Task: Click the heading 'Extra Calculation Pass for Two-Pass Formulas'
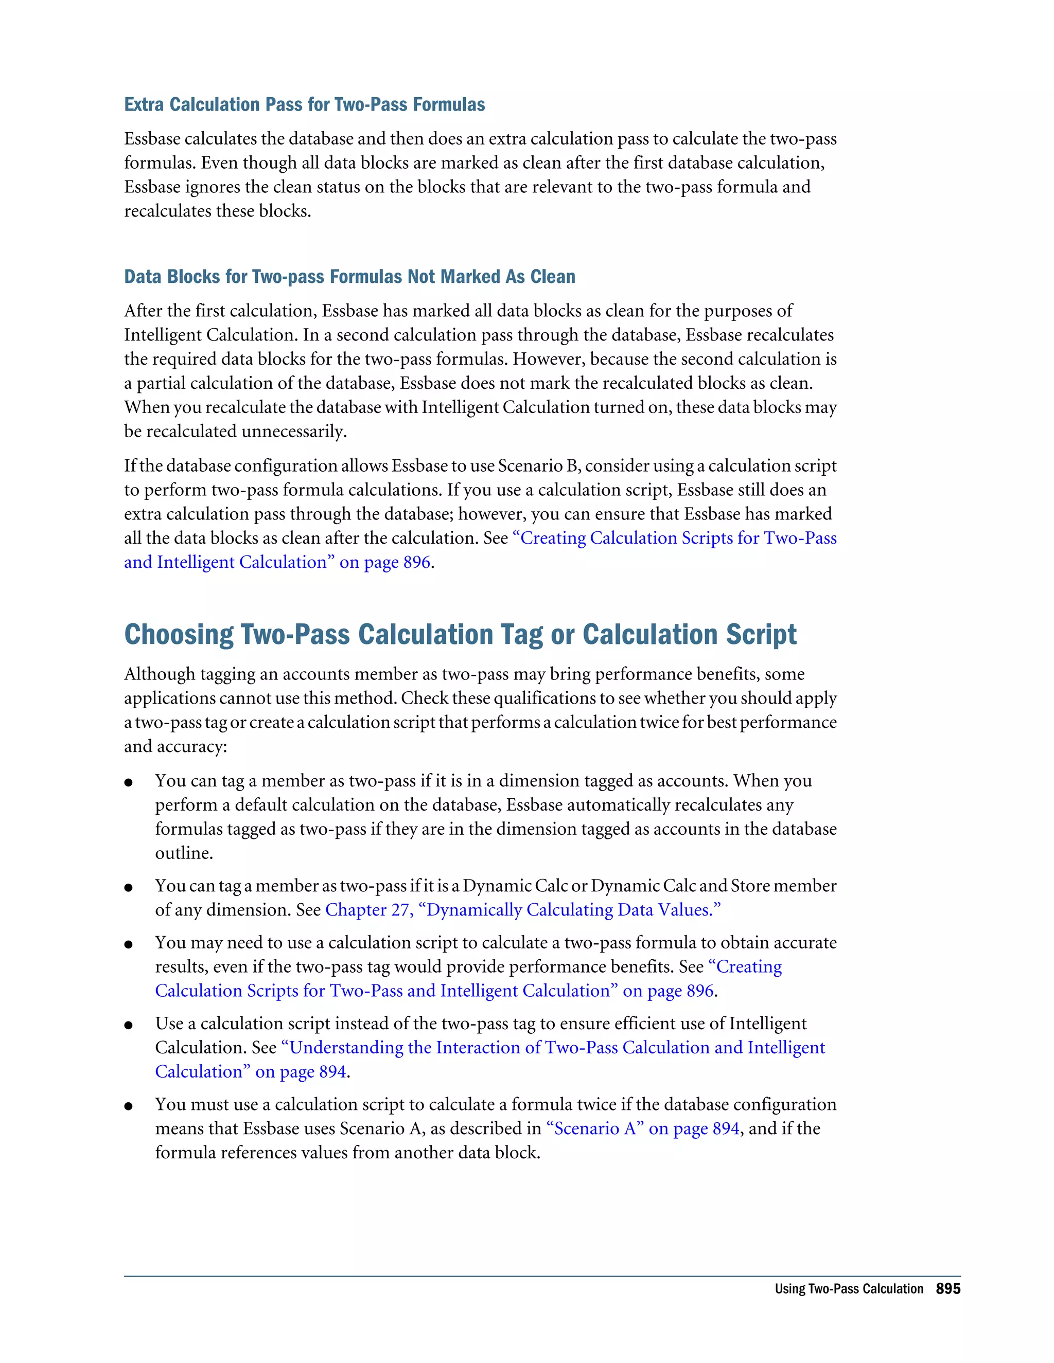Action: (x=304, y=104)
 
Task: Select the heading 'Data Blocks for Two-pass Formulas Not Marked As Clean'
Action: (x=349, y=277)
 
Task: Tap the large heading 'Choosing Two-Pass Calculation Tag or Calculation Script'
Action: (x=460, y=634)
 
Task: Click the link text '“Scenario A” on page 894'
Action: (x=642, y=1128)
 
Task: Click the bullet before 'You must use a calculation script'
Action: (x=129, y=1106)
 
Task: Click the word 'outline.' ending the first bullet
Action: (x=184, y=853)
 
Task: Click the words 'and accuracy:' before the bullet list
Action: (x=175, y=746)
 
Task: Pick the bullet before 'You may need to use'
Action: (x=129, y=944)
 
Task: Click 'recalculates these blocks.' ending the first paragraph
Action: (x=217, y=211)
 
